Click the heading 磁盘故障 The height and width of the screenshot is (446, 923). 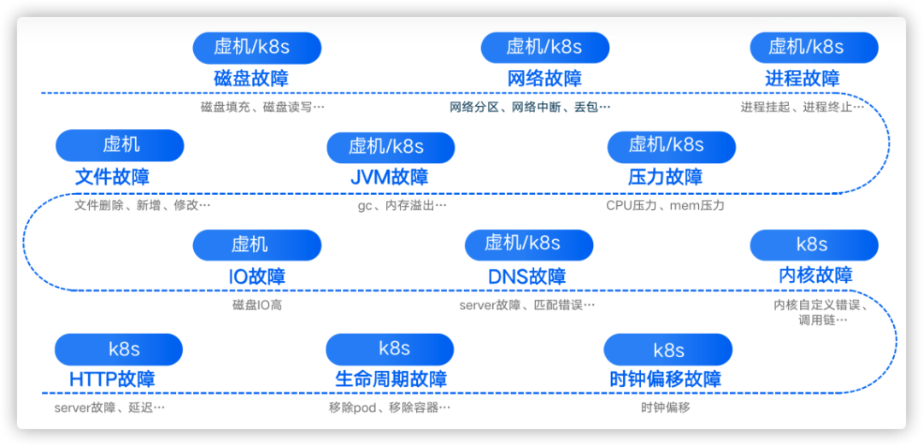(251, 79)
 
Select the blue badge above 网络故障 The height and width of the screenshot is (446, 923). (544, 47)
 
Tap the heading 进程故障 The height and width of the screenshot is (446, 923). (802, 79)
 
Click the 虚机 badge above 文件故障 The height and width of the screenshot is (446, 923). (120, 144)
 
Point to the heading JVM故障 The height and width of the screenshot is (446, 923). (390, 178)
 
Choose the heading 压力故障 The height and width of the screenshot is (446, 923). (665, 178)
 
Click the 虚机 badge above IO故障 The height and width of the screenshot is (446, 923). (256, 244)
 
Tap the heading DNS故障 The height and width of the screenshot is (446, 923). (527, 277)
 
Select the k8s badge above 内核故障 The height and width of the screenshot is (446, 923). (814, 244)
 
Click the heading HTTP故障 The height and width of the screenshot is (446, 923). (112, 379)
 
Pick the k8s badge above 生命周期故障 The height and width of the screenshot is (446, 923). (390, 348)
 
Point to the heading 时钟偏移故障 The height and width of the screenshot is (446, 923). (665, 379)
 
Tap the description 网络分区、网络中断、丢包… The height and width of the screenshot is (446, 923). (531, 108)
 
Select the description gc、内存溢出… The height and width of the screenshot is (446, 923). (402, 205)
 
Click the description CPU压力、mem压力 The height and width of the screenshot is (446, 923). (665, 205)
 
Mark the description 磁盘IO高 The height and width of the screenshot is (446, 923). (256, 304)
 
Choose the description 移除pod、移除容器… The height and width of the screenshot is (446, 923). (390, 408)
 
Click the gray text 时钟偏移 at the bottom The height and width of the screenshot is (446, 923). (665, 408)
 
